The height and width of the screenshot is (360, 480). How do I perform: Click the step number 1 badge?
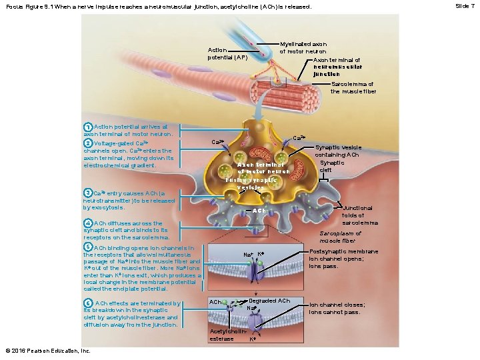87,127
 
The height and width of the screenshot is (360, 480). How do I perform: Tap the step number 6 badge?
87,304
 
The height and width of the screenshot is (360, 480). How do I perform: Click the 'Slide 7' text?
465,5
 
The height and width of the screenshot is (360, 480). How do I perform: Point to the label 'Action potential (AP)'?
227,53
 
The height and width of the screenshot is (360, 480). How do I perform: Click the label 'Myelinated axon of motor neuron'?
303,47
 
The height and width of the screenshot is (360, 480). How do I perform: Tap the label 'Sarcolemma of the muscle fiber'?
353,87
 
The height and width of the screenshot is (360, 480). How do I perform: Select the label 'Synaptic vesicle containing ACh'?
339,151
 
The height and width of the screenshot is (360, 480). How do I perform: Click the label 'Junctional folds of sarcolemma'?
359,215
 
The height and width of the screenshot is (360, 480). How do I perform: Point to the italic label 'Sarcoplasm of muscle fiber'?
341,237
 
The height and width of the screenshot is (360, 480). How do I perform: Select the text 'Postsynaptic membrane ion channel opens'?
344,259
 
